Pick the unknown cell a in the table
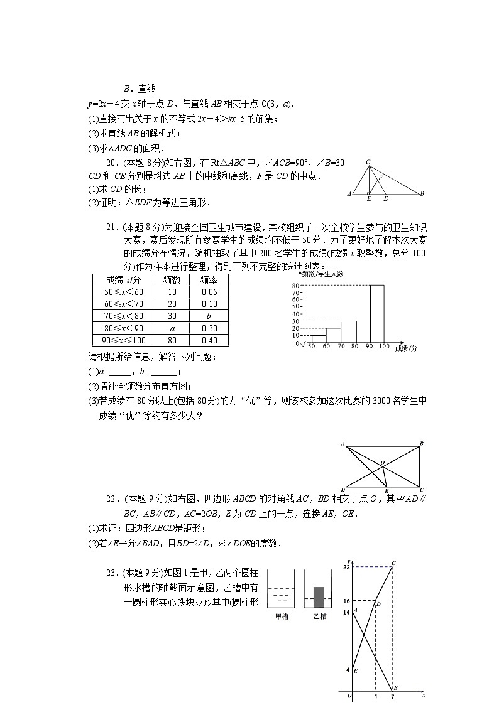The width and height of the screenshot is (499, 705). coord(172,328)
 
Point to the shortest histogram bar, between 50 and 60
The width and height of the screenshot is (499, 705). coord(319,339)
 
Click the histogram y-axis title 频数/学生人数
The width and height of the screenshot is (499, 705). coord(323,274)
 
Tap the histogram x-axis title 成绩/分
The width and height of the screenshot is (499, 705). coord(406,347)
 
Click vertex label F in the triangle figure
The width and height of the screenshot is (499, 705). coord(380,178)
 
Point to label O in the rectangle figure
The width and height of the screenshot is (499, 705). coord(381,463)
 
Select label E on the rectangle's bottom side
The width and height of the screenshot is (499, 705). coord(386,490)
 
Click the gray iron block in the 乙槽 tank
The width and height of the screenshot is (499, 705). coord(319,597)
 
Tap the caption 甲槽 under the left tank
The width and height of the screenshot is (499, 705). coord(282,616)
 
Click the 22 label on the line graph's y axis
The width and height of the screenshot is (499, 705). coord(346,567)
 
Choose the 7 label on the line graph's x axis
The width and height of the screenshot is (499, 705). coord(392,696)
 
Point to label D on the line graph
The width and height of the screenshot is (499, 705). coord(378,604)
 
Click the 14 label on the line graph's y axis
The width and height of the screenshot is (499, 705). coord(346,612)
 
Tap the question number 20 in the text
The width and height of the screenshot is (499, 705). coord(112,163)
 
